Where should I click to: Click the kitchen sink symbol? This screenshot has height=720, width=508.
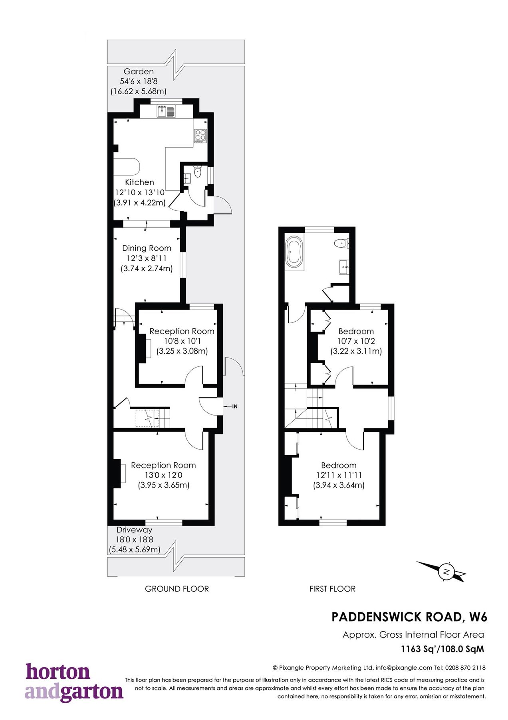166,111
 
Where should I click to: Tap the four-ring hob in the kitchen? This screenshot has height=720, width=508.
200,136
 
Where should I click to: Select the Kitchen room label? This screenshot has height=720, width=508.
139,182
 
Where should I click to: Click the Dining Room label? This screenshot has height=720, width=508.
147,248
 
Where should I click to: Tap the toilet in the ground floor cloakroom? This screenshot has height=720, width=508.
197,172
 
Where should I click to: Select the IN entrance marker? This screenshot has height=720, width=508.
234,406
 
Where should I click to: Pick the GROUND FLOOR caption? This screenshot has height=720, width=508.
177,589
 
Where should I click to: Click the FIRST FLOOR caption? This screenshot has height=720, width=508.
332,589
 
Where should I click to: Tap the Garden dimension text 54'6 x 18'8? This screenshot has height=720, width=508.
139,81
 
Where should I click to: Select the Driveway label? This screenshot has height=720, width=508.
135,530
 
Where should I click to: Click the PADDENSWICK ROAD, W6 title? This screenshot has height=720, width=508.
409,617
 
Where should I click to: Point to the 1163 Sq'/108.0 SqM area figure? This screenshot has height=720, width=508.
443,649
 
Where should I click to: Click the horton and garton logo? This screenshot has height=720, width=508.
74,682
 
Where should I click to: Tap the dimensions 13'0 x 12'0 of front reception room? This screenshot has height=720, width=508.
163,475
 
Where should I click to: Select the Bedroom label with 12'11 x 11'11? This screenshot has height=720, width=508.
339,466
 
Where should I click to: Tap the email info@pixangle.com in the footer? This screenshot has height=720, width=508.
404,668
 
